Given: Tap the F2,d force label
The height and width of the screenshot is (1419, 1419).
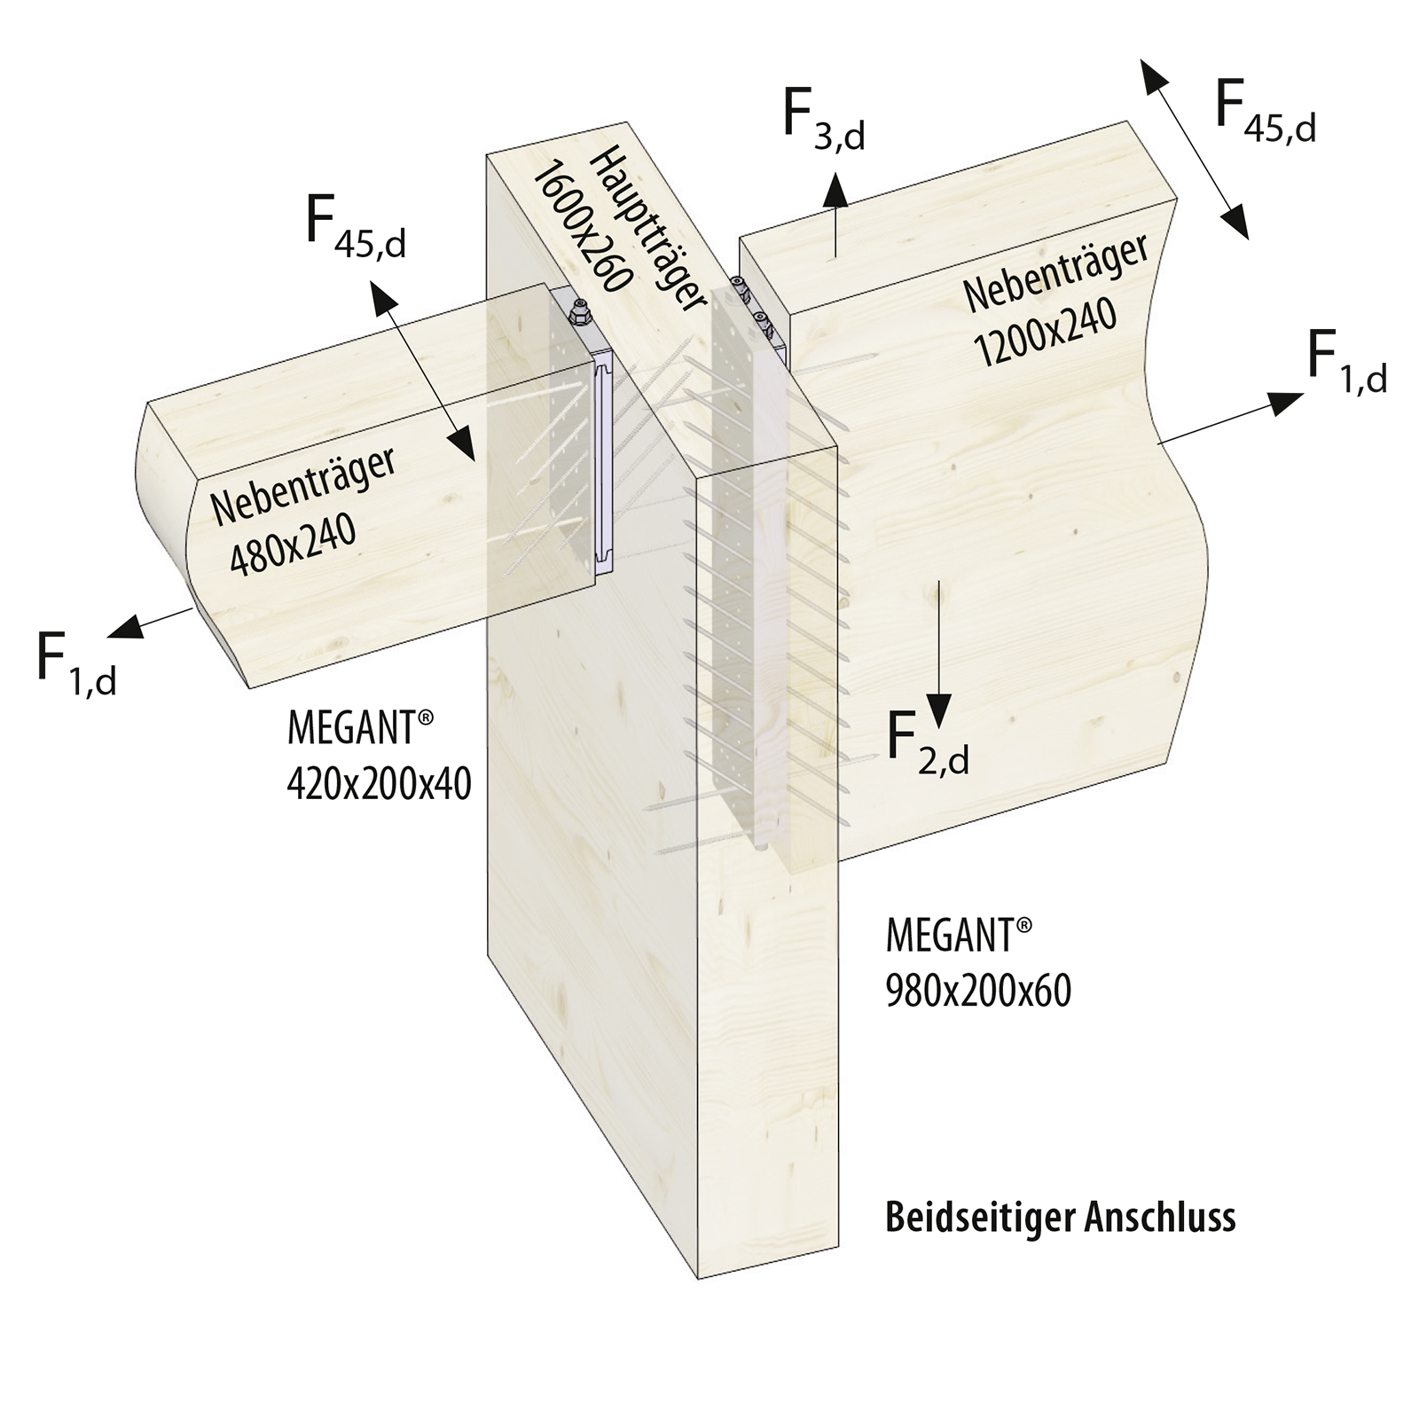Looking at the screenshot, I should [x=928, y=745].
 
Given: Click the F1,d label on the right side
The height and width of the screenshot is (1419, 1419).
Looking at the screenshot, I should [x=1346, y=364].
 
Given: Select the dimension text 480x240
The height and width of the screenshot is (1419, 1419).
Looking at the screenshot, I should [x=293, y=545].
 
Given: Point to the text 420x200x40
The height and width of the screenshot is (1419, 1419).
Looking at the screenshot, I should [x=379, y=784].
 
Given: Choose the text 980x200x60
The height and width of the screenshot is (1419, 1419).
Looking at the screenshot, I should [x=978, y=991].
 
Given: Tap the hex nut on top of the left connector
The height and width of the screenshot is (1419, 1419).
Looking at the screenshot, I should [x=577, y=311].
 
